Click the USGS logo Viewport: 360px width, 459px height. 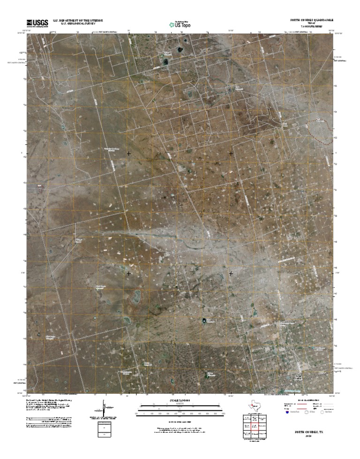(x=37, y=23)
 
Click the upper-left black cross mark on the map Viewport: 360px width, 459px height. (x=128, y=153)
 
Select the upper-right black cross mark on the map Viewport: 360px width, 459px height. (x=231, y=153)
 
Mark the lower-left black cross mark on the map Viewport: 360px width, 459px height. (x=128, y=273)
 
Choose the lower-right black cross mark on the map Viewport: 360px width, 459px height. (x=231, y=273)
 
